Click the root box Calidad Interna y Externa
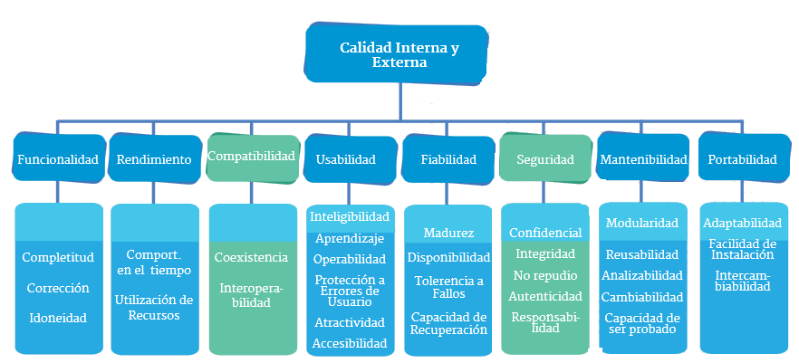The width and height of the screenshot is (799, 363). (x=399, y=55)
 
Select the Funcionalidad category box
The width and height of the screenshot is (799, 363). (x=57, y=159)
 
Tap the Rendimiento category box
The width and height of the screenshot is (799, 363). (x=154, y=159)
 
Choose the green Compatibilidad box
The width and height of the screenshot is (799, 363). (x=252, y=156)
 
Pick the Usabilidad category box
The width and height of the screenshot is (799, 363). (x=345, y=159)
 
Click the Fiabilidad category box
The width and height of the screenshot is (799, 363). (x=448, y=159)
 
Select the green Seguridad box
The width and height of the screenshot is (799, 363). (x=545, y=159)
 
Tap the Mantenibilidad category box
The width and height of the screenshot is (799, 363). (x=643, y=159)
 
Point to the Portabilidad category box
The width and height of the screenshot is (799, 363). (x=742, y=159)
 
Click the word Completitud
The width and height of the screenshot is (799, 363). (x=58, y=257)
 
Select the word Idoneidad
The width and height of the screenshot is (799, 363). (x=57, y=318)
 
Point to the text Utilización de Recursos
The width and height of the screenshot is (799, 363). (x=154, y=307)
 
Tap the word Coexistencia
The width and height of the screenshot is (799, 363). (x=251, y=257)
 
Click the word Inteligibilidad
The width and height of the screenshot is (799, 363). (x=350, y=217)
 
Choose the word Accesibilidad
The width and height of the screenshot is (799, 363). (x=350, y=343)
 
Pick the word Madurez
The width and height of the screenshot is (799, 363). (x=448, y=234)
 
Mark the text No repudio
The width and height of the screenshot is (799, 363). (x=545, y=274)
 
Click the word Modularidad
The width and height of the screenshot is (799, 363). (x=642, y=223)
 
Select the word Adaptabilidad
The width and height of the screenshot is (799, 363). (x=742, y=223)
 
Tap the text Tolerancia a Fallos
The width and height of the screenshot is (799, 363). (x=448, y=287)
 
